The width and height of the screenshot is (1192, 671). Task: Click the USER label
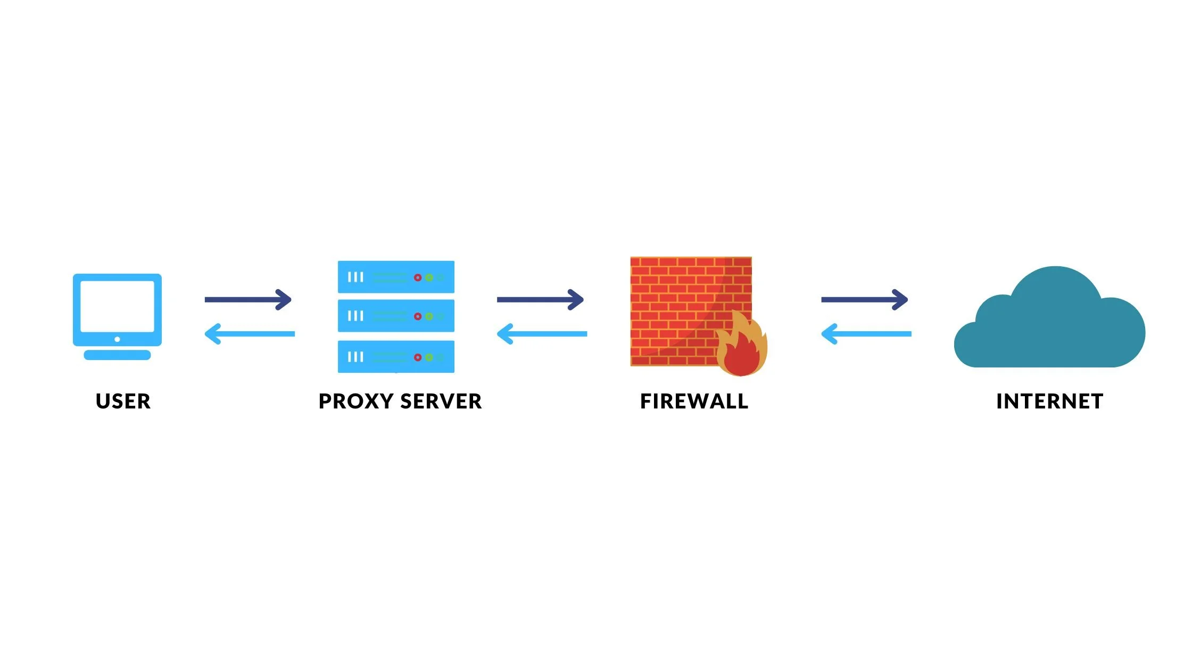coord(123,401)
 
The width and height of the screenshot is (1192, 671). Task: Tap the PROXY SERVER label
coord(400,401)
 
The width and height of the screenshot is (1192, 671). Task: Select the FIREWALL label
coord(694,401)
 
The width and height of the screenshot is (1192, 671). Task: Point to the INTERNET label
coord(1049,401)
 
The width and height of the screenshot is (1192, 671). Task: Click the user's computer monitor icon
coord(117,309)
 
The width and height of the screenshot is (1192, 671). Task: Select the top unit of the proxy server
coord(396,277)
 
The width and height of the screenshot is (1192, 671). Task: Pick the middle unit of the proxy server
coord(396,316)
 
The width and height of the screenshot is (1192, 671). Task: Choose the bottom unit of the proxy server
coord(396,356)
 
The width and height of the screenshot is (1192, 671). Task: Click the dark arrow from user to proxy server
coord(248,299)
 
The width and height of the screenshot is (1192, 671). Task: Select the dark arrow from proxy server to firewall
coord(540,299)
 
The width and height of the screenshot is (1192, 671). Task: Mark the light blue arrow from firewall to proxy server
coord(542,334)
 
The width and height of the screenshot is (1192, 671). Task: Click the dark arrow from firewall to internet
coord(864,299)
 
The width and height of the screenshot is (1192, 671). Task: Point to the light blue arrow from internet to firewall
coord(866,334)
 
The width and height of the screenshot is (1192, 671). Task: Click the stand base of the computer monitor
coord(117,355)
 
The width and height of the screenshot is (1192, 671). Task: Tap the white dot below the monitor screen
coord(117,339)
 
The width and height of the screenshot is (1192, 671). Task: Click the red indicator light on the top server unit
coord(418,277)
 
